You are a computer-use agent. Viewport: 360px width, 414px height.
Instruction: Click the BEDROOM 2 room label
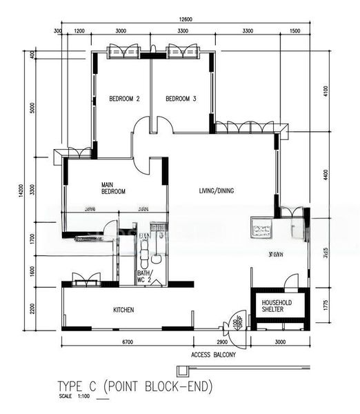point(124,99)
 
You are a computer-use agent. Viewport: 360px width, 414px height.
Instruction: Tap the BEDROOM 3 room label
point(181,99)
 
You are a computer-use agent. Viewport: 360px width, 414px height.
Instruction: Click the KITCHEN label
point(123,310)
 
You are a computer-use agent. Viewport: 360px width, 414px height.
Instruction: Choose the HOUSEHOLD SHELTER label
point(278,306)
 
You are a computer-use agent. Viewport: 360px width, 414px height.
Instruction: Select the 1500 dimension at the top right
point(295,31)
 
